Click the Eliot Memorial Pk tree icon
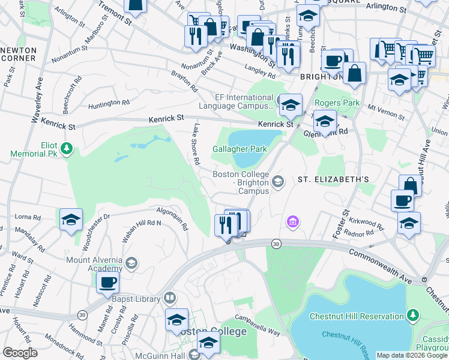(x=68, y=148)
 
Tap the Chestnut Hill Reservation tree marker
(x=412, y=315)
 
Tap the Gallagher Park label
(x=240, y=149)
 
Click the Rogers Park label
(x=337, y=103)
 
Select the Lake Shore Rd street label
(x=196, y=145)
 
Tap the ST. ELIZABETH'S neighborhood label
(x=334, y=179)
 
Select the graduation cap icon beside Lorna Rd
(x=71, y=220)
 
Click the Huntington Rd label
(x=109, y=103)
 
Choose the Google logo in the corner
(x=20, y=353)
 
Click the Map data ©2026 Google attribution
(x=412, y=355)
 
